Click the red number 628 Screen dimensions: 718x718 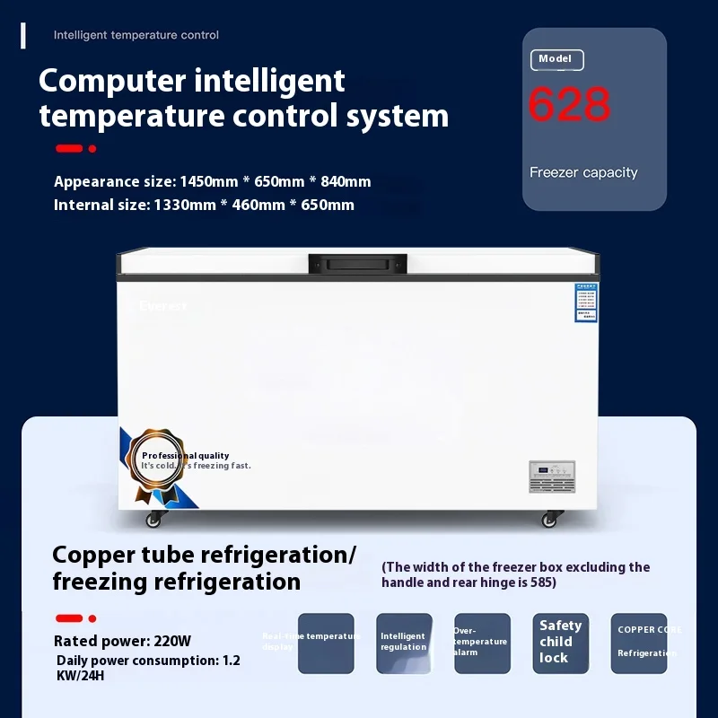pyautogui.click(x=569, y=105)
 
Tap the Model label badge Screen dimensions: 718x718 pyautogui.click(x=556, y=60)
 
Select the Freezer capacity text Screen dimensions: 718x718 pyautogui.click(x=583, y=172)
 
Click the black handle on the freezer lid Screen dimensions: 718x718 pyautogui.click(x=357, y=264)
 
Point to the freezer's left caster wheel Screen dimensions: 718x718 pyautogui.click(x=154, y=519)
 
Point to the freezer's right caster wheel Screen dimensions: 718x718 pyautogui.click(x=549, y=519)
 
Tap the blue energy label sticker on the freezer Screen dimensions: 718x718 pyautogui.click(x=586, y=303)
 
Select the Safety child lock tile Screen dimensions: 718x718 pyautogui.click(x=560, y=643)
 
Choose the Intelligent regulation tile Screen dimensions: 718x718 pyautogui.click(x=404, y=643)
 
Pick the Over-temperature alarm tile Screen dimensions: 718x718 pyautogui.click(x=482, y=643)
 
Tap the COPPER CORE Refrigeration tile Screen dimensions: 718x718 pyautogui.click(x=639, y=643)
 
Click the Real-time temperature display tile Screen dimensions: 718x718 pyautogui.click(x=326, y=643)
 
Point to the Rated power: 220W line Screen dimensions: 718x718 pyautogui.click(x=122, y=641)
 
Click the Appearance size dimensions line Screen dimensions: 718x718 pyautogui.click(x=212, y=181)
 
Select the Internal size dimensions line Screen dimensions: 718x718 pyautogui.click(x=204, y=205)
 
